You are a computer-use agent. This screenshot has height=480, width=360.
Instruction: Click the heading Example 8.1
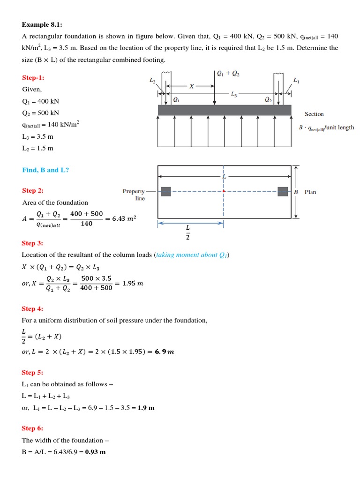(42, 24)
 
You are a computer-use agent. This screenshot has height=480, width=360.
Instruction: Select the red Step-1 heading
(33, 77)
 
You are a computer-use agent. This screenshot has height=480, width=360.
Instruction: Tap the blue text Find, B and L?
(45, 170)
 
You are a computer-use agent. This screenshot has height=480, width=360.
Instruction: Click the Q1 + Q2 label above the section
(228, 74)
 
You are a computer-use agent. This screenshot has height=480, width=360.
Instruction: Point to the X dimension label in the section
(191, 86)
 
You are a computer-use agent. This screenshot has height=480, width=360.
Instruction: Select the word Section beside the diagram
(314, 114)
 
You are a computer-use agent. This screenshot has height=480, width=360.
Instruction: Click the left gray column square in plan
(165, 191)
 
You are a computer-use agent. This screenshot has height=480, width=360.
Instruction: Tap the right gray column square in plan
(282, 191)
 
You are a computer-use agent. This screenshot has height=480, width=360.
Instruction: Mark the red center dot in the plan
(224, 191)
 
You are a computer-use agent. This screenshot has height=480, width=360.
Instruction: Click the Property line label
(134, 195)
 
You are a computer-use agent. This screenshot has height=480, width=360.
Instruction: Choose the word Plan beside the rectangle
(310, 192)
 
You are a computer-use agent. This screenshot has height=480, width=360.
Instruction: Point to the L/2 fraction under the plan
(188, 232)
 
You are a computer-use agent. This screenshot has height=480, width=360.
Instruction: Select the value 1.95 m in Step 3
(133, 283)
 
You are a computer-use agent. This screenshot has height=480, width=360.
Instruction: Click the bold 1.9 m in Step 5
(146, 408)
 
